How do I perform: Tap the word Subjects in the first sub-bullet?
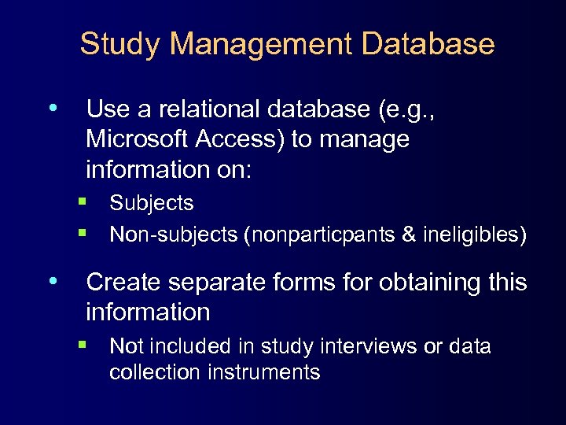point(152,203)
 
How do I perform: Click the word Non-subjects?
point(173,235)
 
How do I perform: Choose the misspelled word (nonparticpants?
point(323,235)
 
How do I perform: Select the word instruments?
point(264,372)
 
